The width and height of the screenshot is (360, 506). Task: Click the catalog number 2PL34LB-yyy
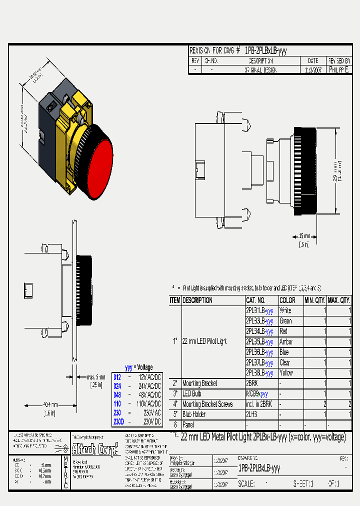click(259, 331)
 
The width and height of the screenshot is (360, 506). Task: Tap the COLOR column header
click(287, 300)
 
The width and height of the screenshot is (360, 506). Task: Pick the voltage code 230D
click(118, 421)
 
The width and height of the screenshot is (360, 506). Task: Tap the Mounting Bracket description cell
click(200, 383)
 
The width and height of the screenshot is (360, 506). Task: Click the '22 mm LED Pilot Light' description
click(204, 341)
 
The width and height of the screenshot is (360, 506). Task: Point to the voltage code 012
click(117, 377)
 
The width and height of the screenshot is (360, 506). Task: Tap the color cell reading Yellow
click(286, 373)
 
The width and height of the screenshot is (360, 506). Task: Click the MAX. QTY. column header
click(339, 300)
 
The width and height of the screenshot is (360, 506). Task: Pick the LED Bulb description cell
click(193, 394)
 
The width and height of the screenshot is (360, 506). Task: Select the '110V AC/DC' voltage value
click(149, 403)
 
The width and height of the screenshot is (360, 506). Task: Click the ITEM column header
click(175, 300)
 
